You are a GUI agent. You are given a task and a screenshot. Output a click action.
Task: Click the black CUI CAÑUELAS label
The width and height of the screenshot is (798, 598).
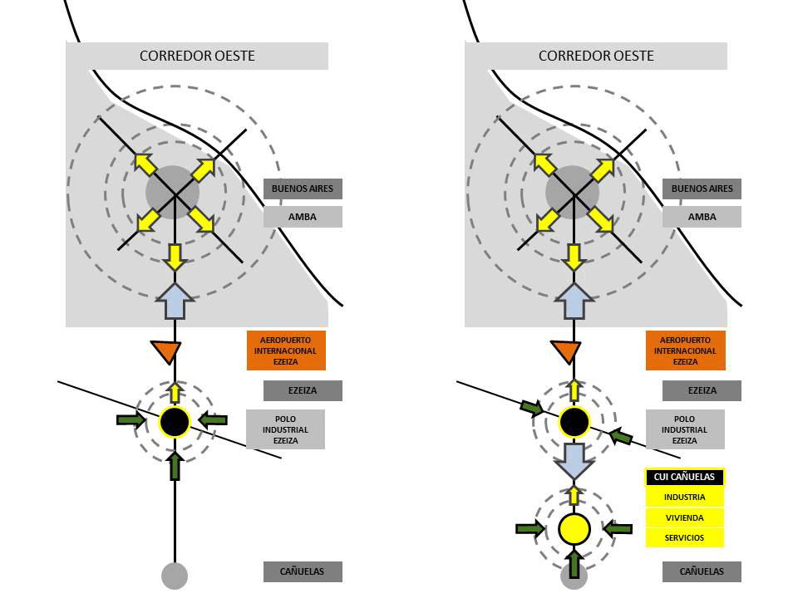point(685,477)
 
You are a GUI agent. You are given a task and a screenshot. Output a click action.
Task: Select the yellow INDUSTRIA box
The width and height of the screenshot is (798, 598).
point(685,498)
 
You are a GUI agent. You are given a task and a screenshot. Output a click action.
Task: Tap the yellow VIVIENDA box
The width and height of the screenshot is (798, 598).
point(685,517)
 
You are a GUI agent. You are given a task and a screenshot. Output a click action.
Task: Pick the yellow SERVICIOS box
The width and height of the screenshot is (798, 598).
point(685,538)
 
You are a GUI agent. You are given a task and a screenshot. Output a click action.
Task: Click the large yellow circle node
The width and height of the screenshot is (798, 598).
point(574,528)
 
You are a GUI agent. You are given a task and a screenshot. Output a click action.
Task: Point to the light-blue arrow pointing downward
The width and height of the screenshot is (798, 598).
point(574,459)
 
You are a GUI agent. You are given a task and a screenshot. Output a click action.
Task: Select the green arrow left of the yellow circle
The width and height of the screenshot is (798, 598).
point(530,528)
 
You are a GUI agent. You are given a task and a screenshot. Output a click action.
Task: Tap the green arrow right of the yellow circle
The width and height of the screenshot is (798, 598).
point(618,528)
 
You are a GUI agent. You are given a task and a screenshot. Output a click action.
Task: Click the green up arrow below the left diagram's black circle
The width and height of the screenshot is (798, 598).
point(175,465)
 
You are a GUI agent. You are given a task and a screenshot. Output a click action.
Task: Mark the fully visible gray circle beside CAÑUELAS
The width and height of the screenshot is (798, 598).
point(175,575)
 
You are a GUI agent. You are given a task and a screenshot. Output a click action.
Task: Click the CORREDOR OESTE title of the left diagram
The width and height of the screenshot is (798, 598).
point(197,56)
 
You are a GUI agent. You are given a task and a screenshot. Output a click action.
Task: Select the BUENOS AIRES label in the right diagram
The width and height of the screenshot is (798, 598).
point(702,189)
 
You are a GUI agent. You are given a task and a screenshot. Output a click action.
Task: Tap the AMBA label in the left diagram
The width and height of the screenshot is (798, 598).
point(303,217)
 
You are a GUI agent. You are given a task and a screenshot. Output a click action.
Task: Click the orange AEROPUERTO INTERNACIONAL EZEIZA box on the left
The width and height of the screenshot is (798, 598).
point(286,350)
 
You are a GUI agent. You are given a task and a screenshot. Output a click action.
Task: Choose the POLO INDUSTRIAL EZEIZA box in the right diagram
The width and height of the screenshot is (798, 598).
point(684,429)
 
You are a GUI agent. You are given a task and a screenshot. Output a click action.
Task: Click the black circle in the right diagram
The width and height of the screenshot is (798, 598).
point(574,421)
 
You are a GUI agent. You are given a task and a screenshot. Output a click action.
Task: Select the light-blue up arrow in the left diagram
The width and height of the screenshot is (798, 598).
point(175,301)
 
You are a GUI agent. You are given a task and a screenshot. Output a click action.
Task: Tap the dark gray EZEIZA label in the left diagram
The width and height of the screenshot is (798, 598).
point(303,390)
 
